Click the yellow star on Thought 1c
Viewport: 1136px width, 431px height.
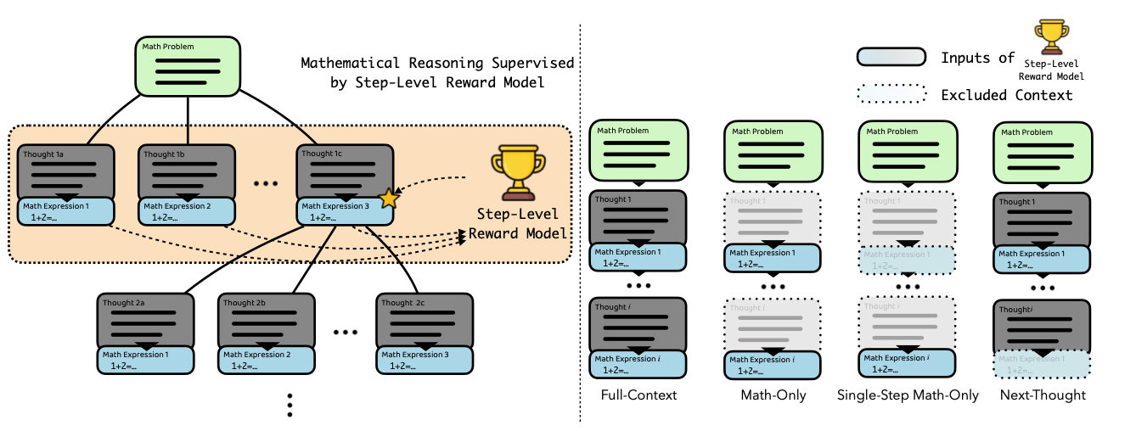389,199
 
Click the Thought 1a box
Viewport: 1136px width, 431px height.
65,171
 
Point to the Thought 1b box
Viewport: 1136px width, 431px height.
187,171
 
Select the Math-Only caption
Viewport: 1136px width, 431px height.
772,395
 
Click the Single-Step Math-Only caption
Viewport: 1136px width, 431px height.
908,395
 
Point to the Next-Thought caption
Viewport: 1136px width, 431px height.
1042,395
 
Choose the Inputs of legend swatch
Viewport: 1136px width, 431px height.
891,58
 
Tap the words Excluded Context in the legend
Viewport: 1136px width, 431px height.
1007,95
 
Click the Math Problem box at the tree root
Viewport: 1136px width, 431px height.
187,65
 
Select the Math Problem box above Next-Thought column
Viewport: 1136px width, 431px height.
1042,150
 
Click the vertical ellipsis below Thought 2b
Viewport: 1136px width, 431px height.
290,405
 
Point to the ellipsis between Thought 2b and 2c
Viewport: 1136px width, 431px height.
346,332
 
